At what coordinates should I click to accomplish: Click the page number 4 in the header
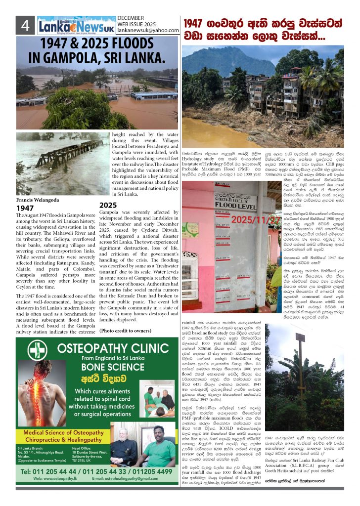(x=25, y=25)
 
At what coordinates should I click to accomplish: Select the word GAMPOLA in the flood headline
(x=72, y=58)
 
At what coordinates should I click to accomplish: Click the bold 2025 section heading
(x=108, y=205)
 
